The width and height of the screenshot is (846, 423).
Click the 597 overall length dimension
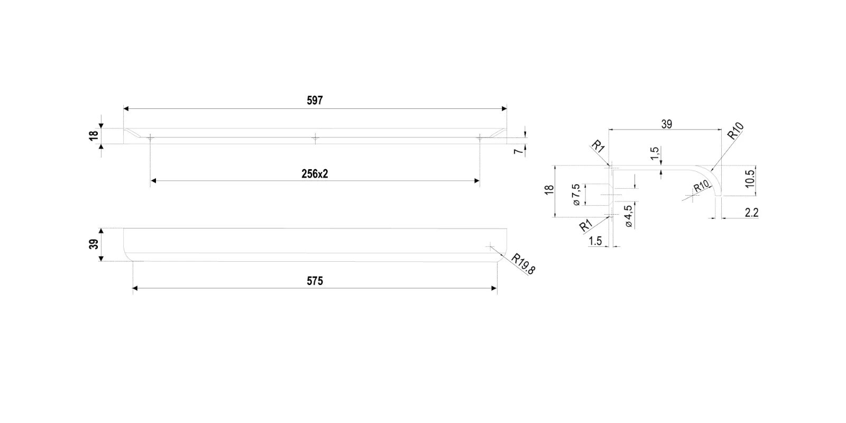(314, 100)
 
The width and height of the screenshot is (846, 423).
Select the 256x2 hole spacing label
(315, 173)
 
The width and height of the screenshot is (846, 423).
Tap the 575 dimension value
(315, 281)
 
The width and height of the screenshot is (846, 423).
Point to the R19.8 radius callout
(523, 263)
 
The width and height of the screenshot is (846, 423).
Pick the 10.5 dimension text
(749, 179)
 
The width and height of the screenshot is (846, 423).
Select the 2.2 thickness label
(751, 213)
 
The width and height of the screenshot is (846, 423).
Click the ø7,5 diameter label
(576, 195)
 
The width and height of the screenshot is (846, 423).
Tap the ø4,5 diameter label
(628, 216)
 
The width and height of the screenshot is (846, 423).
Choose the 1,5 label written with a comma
(655, 154)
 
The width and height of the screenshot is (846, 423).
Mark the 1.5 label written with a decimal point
(595, 241)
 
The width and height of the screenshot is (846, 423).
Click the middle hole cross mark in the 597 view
(315, 138)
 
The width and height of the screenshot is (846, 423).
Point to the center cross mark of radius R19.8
(491, 246)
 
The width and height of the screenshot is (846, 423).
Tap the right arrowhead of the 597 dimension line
(504, 109)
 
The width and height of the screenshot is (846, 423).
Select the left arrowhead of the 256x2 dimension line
(153, 181)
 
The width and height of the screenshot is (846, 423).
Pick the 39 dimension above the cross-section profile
(666, 124)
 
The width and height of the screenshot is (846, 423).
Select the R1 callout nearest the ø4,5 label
(585, 227)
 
